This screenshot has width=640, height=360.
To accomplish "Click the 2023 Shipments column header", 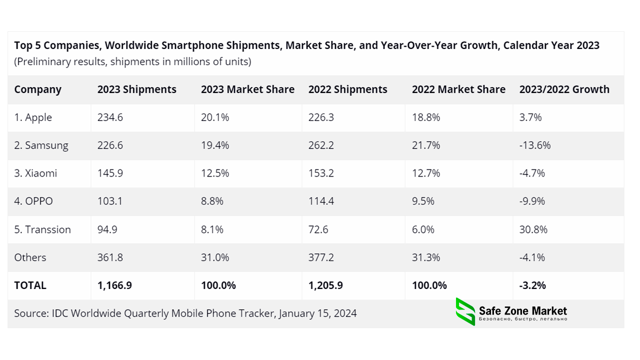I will [136, 89].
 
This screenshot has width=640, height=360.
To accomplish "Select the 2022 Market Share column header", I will [458, 89].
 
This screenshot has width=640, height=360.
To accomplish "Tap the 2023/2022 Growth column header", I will [564, 89].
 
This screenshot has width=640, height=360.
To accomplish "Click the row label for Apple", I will [33, 117].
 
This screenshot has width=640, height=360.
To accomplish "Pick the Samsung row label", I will [41, 145].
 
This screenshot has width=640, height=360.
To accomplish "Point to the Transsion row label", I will [42, 229].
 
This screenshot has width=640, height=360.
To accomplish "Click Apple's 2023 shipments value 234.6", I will [110, 117].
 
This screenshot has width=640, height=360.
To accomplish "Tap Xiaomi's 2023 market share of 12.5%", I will [215, 173].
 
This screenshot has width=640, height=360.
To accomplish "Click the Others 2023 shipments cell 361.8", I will [110, 257].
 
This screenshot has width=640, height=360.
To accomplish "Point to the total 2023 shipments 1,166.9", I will [114, 285].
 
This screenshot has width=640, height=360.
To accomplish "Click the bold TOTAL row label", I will [30, 285].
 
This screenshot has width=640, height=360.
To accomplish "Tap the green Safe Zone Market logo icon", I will [465, 311].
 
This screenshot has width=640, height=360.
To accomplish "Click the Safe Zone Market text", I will [523, 311].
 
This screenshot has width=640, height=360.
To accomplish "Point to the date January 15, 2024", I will [318, 313].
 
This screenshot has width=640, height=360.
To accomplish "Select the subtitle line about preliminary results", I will [132, 61].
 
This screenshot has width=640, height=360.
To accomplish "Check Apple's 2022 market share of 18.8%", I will [426, 117].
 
